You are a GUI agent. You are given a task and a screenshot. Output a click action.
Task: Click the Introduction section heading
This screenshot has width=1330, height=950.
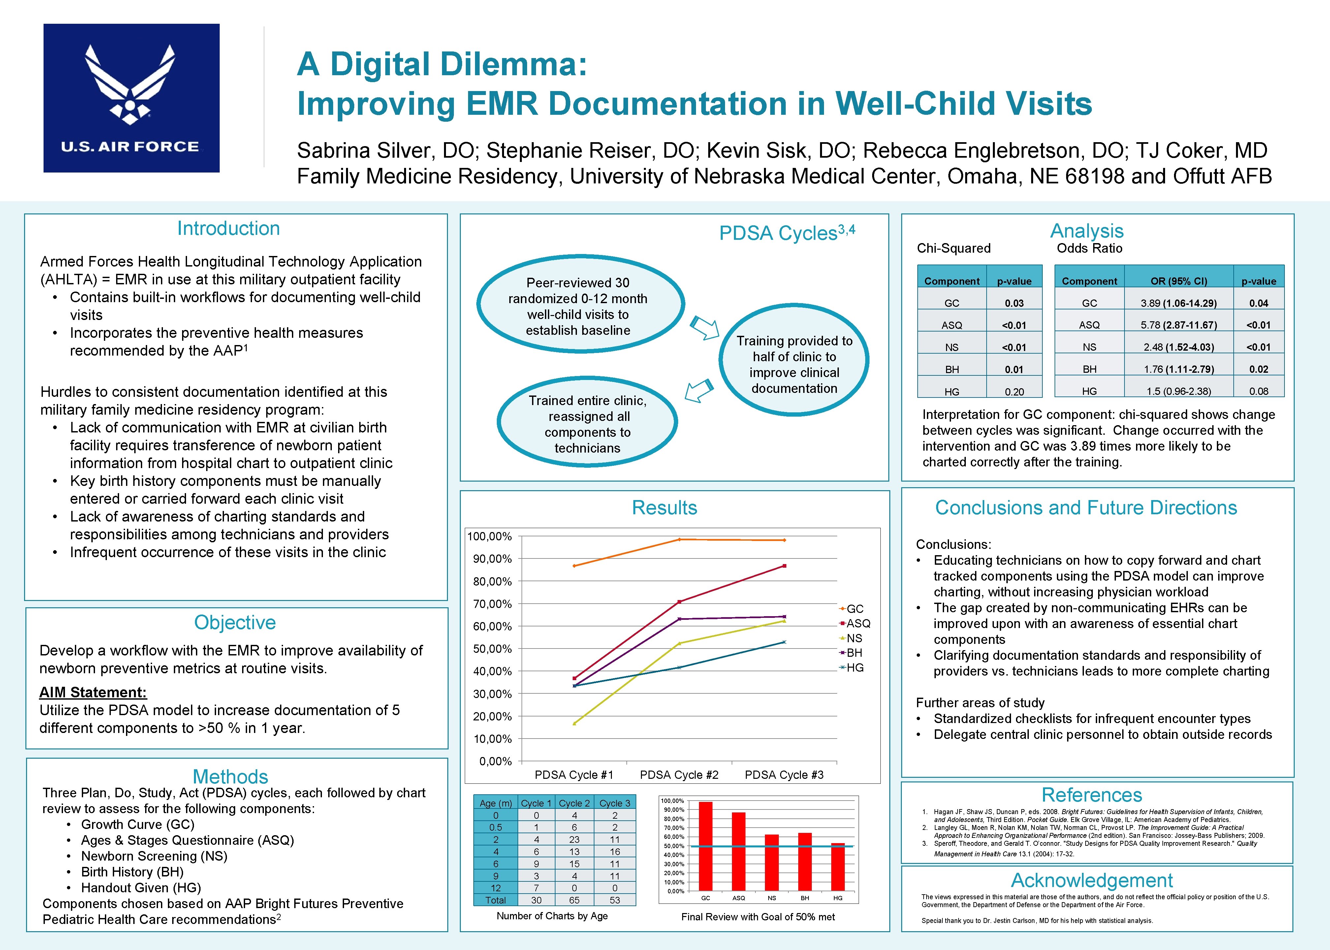click(x=228, y=228)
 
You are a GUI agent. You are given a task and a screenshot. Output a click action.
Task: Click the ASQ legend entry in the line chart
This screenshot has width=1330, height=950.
click(x=857, y=623)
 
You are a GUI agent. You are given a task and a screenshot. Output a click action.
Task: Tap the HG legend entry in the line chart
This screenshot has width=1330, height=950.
click(x=854, y=667)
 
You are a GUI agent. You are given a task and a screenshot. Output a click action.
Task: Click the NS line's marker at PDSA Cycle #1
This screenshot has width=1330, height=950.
click(x=574, y=724)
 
